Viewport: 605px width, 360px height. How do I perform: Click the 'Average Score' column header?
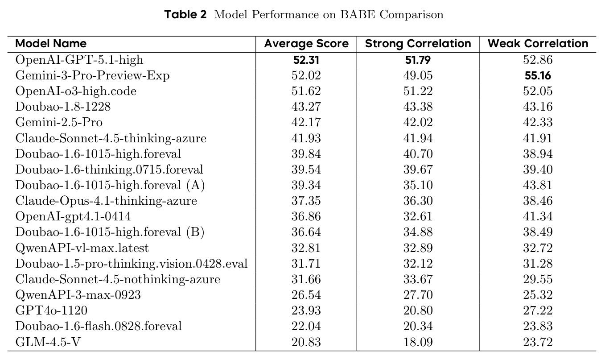pyautogui.click(x=306, y=44)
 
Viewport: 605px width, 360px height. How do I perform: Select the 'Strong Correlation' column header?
pyautogui.click(x=418, y=44)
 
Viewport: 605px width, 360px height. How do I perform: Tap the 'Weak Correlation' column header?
pyautogui.click(x=538, y=44)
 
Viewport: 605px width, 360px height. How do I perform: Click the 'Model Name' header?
pyautogui.click(x=51, y=44)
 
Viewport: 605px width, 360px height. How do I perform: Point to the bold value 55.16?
pyautogui.click(x=538, y=75)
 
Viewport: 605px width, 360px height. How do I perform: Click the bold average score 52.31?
pyautogui.click(x=306, y=60)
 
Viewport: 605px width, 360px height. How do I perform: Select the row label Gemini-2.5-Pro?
pyautogui.click(x=59, y=122)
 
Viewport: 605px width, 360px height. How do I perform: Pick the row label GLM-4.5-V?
pyautogui.click(x=48, y=342)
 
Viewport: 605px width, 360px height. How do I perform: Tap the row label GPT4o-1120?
pyautogui.click(x=51, y=310)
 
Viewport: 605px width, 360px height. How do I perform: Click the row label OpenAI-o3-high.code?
pyautogui.click(x=76, y=91)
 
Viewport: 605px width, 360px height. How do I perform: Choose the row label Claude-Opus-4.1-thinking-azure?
pyautogui.click(x=106, y=201)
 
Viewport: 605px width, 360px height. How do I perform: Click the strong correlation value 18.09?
pyautogui.click(x=418, y=342)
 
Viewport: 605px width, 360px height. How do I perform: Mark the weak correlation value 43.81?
pyautogui.click(x=538, y=185)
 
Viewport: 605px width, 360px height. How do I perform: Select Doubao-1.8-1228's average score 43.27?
pyautogui.click(x=306, y=107)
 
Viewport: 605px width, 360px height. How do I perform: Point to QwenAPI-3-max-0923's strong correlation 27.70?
pyautogui.click(x=418, y=294)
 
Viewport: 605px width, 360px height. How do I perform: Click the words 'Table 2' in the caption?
pyautogui.click(x=185, y=14)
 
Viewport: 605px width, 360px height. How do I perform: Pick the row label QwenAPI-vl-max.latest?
pyautogui.click(x=82, y=248)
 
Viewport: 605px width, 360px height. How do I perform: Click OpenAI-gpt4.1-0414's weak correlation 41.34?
pyautogui.click(x=538, y=216)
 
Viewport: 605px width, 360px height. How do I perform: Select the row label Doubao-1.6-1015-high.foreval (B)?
pyautogui.click(x=110, y=232)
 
